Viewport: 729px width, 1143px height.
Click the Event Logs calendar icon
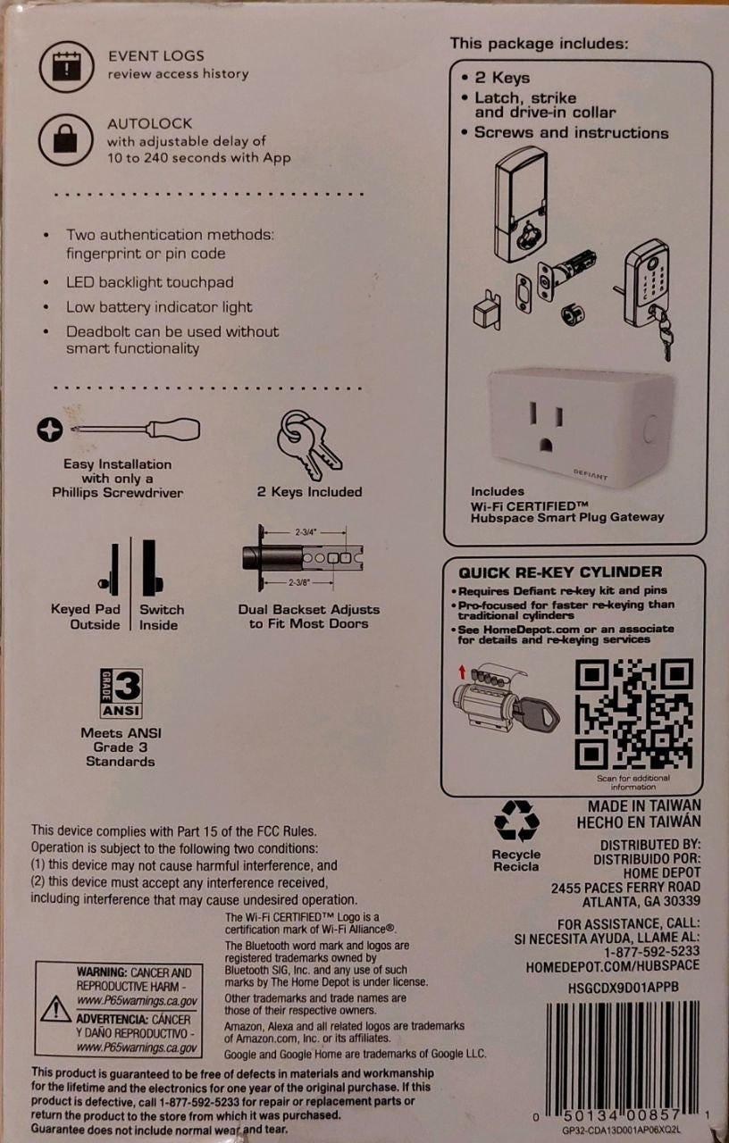pyautogui.click(x=66, y=66)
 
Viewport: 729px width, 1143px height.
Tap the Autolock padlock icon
pyautogui.click(x=65, y=139)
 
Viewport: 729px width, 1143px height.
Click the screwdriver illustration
pyautogui.click(x=119, y=430)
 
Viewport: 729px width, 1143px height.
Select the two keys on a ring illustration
pyautogui.click(x=308, y=445)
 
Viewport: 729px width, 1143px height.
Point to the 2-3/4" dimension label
pyautogui.click(x=306, y=532)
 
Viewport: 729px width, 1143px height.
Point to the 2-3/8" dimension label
pyautogui.click(x=299, y=583)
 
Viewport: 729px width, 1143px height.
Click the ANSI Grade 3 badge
pyautogui.click(x=121, y=694)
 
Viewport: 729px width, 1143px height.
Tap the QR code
pyautogui.click(x=634, y=713)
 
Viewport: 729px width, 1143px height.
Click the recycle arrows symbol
pyautogui.click(x=516, y=821)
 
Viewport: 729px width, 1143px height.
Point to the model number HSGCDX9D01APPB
pyautogui.click(x=624, y=987)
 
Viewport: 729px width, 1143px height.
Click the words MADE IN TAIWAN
pyautogui.click(x=644, y=806)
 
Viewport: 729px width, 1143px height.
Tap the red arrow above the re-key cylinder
pyautogui.click(x=463, y=672)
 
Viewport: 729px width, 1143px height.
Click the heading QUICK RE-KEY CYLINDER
pyautogui.click(x=560, y=572)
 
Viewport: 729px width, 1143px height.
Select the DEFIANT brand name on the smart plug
pyautogui.click(x=591, y=474)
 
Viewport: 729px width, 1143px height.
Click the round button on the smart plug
pyautogui.click(x=650, y=430)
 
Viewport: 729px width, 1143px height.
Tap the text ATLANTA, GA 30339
pyautogui.click(x=641, y=902)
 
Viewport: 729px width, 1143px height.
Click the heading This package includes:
pyautogui.click(x=539, y=44)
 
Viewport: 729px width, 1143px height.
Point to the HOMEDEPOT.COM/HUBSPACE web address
pyautogui.click(x=613, y=965)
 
